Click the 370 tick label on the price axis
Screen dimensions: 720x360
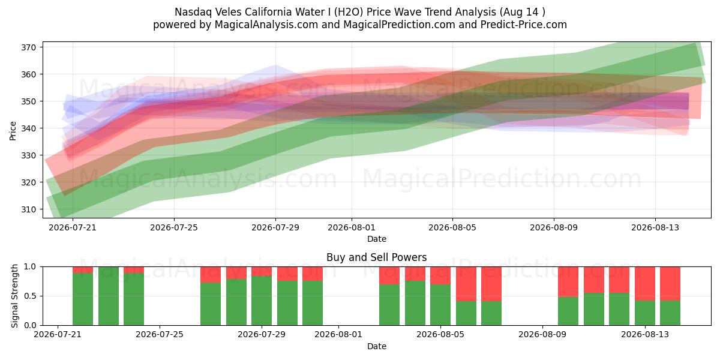pyautogui.click(x=28, y=47)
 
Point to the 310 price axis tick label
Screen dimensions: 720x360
pyautogui.click(x=28, y=209)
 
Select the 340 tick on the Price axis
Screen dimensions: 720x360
pyautogui.click(x=28, y=128)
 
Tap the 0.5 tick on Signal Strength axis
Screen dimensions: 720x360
pyautogui.click(x=30, y=296)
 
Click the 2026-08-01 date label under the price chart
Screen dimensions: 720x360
pyautogui.click(x=352, y=227)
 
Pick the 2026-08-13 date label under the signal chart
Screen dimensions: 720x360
pyautogui.click(x=645, y=334)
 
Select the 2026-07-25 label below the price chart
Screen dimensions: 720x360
pyautogui.click(x=174, y=227)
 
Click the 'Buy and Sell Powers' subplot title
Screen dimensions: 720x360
pyautogui.click(x=376, y=257)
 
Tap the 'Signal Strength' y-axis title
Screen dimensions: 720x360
pyautogui.click(x=14, y=296)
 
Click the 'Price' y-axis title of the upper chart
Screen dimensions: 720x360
pyautogui.click(x=13, y=131)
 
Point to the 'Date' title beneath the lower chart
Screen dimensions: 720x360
pyautogui.click(x=377, y=346)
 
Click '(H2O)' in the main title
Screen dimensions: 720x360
pyautogui.click(x=349, y=12)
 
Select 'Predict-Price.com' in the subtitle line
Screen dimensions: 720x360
pyautogui.click(x=524, y=25)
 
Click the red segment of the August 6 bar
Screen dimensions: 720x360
pyautogui.click(x=466, y=284)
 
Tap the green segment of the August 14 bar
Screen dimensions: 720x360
pyautogui.click(x=670, y=313)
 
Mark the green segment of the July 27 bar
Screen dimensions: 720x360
pyautogui.click(x=211, y=304)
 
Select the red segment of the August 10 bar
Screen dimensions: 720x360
pyautogui.click(x=568, y=281)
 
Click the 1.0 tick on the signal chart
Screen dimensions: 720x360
pyautogui.click(x=30, y=267)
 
